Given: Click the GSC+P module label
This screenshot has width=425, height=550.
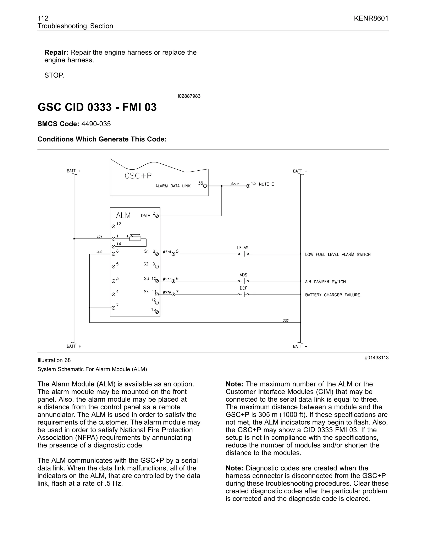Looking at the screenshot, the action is pos(138,176).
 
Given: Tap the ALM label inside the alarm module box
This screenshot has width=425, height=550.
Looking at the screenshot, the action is pos(123,215).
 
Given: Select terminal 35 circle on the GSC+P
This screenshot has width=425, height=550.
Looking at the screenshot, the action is pos(205,186).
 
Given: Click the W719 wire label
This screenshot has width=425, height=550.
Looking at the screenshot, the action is pos(235,184).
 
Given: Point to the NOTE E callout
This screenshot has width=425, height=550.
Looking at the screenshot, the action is pos(266,184).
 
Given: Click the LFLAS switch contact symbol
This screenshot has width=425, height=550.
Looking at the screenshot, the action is pos(243,254).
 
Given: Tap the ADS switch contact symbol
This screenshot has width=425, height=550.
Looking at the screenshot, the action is pos(243,281).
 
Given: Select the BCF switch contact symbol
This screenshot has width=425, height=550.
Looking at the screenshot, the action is pos(243,294).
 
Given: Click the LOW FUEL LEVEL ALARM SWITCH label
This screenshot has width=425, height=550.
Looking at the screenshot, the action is pos(338,255).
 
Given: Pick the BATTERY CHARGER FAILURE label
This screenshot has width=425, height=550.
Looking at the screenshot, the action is pos(332,295).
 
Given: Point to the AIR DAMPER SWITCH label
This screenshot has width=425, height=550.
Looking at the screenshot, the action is pos(325,282).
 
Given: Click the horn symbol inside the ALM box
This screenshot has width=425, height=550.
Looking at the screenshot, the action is pos(135,238).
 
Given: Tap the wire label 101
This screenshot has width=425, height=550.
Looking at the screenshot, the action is pos(99,237).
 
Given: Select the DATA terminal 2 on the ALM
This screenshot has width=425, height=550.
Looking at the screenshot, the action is pos(157,216).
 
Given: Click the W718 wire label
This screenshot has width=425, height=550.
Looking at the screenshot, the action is pos(167,252).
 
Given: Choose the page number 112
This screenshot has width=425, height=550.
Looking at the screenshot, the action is pos(43,18).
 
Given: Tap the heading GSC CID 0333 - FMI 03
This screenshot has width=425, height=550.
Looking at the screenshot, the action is pos(97,107).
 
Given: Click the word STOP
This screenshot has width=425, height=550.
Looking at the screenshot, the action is pos(54,75).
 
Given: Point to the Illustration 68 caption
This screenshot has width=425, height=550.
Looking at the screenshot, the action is pos(54,360).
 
